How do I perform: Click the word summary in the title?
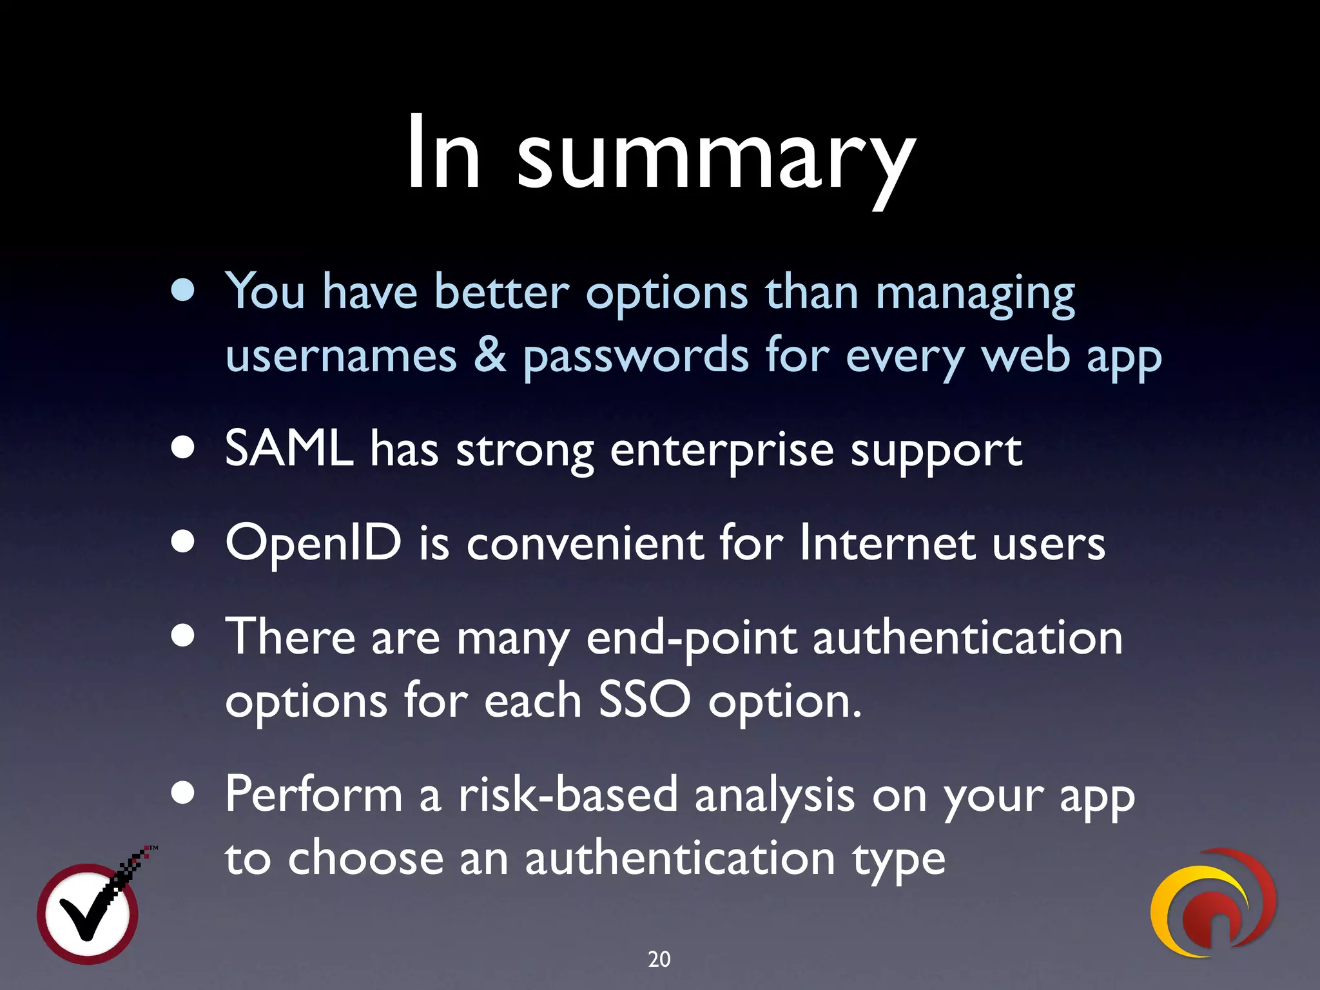click(715, 158)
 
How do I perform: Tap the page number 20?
click(659, 959)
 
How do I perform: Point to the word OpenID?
click(313, 543)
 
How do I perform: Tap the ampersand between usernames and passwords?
click(490, 356)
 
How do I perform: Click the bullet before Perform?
click(183, 794)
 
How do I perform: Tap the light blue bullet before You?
click(183, 291)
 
